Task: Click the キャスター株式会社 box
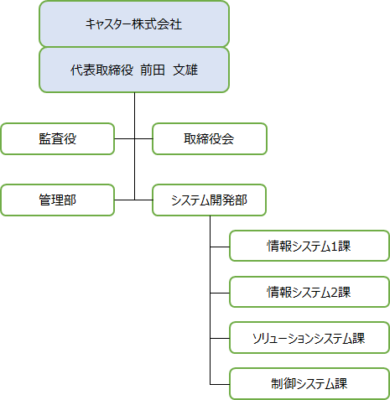(134, 24)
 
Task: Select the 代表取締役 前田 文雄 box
(134, 70)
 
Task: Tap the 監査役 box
(58, 138)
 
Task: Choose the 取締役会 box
(210, 138)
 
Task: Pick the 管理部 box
(58, 200)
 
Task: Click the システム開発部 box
(210, 200)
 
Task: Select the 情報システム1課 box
(309, 246)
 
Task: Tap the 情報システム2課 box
(309, 292)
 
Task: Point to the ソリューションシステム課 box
(309, 338)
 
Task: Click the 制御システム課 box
(309, 384)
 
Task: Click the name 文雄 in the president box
(185, 70)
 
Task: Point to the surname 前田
(153, 70)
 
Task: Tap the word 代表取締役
(101, 70)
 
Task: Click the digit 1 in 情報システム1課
(334, 247)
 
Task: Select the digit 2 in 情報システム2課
(334, 293)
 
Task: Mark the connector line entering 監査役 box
(125, 138)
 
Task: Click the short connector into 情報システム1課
(220, 247)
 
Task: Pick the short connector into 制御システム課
(220, 384)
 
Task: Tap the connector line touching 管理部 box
(125, 200)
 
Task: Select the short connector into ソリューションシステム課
(220, 338)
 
